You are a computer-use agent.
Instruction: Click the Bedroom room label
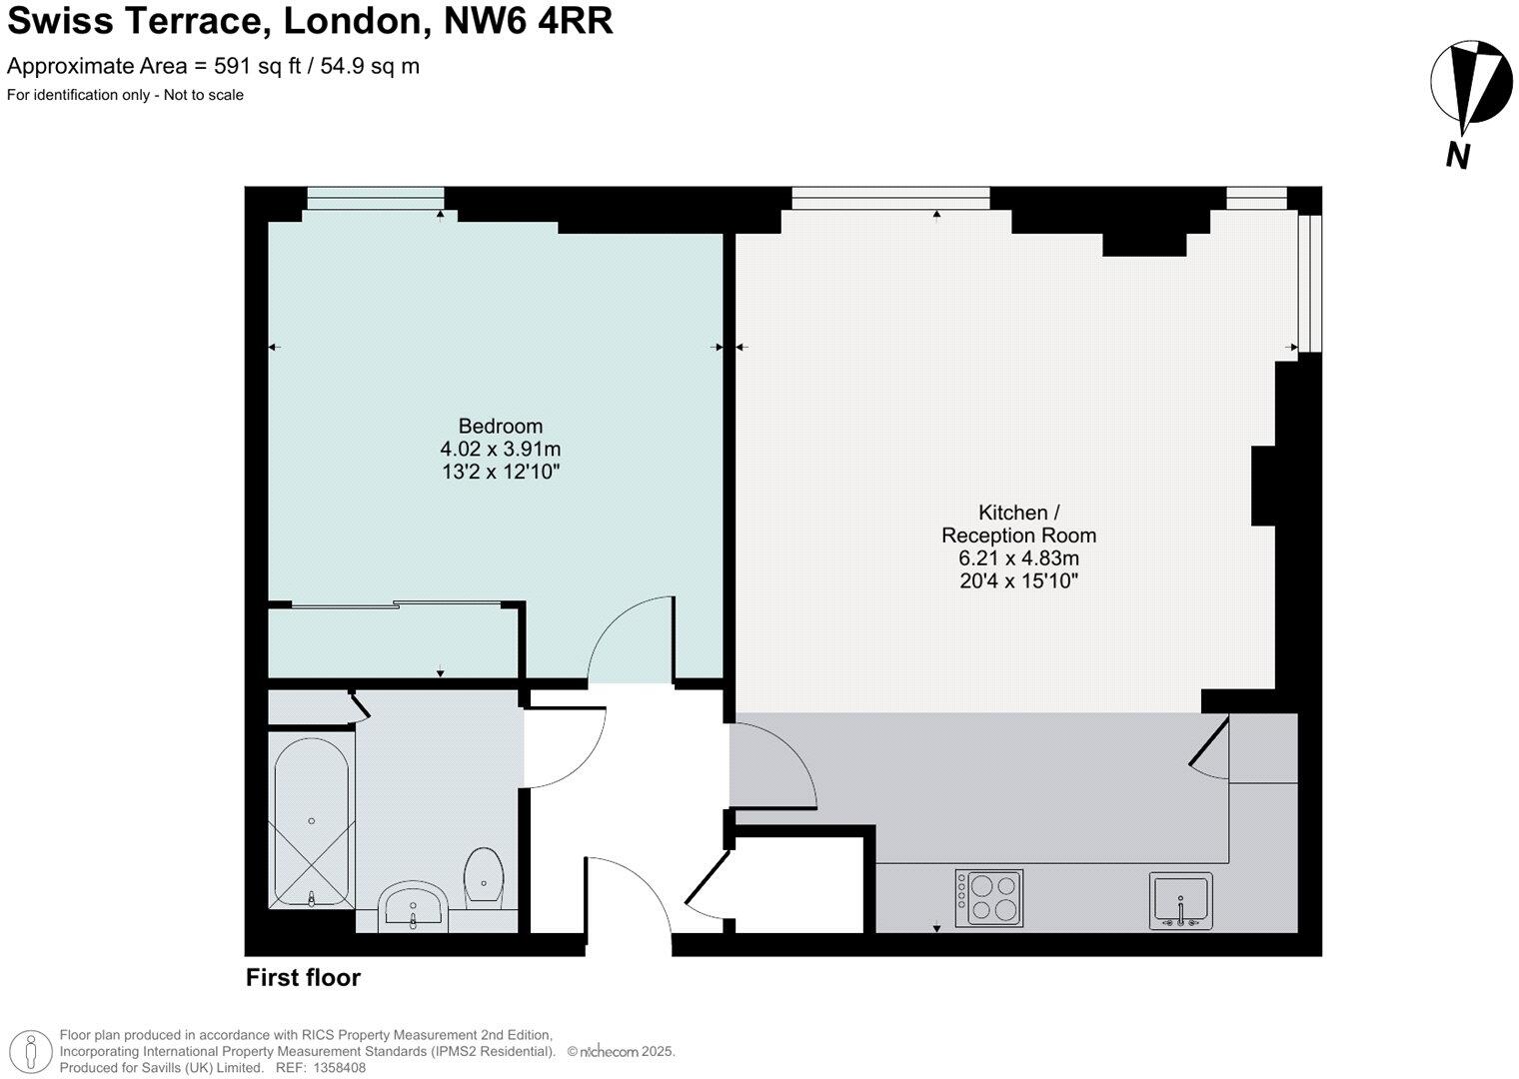pos(500,427)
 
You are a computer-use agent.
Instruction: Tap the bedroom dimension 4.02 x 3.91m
pos(500,450)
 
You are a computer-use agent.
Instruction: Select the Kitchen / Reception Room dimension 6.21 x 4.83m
pos(1018,558)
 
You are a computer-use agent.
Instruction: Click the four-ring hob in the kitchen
pos(988,898)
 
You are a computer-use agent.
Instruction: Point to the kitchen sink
pos(1180,900)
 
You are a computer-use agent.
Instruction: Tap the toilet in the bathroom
pos(484,875)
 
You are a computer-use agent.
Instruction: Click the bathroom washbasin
pos(413,905)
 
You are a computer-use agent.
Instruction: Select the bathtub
pos(311,821)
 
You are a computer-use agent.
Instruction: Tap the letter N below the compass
pos(1458,156)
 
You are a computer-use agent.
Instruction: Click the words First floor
pos(303,978)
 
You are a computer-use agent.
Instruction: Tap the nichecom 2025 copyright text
pos(622,1052)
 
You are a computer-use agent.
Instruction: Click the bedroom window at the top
pos(375,199)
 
